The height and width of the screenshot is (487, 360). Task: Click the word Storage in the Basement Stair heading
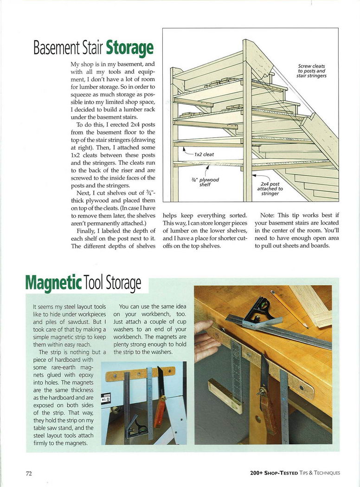129,48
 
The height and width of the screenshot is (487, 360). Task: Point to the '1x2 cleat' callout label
204,154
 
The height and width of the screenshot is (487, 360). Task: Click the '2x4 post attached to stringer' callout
271,189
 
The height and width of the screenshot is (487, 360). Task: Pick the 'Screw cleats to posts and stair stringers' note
312,71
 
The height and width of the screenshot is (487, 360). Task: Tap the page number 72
29,473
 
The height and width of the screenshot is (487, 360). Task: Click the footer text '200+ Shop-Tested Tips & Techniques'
295,473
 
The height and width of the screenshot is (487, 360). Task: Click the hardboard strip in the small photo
140,373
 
